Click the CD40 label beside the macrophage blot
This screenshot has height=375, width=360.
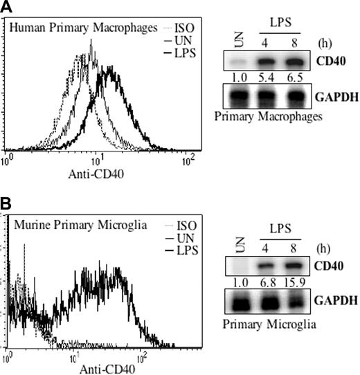[337, 62]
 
